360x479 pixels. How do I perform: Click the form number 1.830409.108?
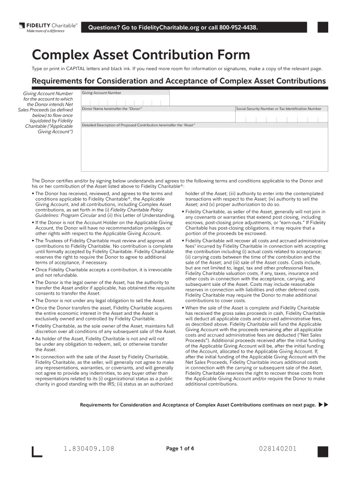pos(89,449)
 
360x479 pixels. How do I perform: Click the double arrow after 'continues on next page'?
pos(323,405)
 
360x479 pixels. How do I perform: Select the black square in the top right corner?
pos(323,28)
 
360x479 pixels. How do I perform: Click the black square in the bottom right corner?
pos(323,451)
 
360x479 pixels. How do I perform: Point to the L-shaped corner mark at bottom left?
pos(36,452)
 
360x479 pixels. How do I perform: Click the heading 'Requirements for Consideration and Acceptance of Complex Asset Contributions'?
pos(179,81)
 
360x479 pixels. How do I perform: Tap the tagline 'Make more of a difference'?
pos(45,31)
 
